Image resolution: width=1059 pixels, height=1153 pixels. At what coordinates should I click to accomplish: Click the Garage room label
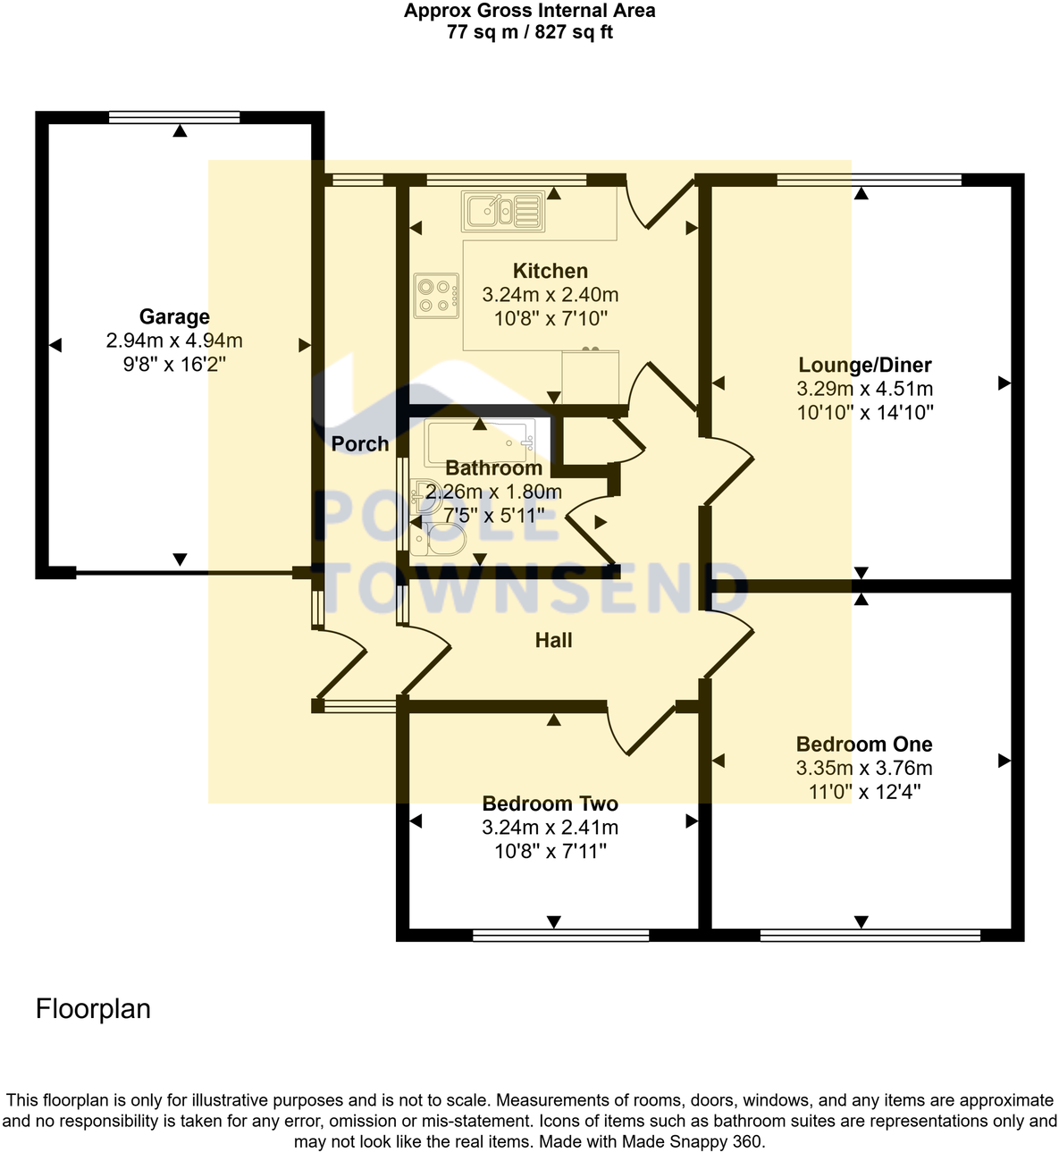pyautogui.click(x=174, y=316)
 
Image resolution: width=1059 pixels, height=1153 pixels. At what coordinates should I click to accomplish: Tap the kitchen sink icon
pyautogui.click(x=502, y=211)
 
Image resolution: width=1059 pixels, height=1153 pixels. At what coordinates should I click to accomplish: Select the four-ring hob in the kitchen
pyautogui.click(x=436, y=296)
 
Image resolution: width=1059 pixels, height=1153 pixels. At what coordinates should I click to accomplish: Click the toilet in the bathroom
pyautogui.click(x=446, y=540)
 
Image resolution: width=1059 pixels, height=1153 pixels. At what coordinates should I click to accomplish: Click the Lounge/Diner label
pyautogui.click(x=864, y=365)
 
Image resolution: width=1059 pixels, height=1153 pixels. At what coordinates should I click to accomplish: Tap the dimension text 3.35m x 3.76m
pyautogui.click(x=864, y=768)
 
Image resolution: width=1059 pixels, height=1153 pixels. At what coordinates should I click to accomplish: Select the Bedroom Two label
pyautogui.click(x=550, y=804)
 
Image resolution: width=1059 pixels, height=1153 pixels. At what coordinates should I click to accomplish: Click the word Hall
pyautogui.click(x=553, y=640)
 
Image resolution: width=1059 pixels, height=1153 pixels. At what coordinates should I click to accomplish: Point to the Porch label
pyautogui.click(x=360, y=443)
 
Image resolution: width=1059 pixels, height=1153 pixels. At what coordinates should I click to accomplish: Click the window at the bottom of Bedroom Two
pyautogui.click(x=560, y=936)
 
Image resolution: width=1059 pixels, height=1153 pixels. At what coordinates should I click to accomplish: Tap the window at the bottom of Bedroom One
pyautogui.click(x=870, y=936)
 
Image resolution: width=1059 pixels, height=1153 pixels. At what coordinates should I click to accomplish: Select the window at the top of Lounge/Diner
pyautogui.click(x=869, y=181)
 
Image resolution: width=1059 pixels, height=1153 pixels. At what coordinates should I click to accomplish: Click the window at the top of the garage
pyautogui.click(x=174, y=117)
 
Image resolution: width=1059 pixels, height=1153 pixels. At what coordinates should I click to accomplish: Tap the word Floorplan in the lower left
pyautogui.click(x=93, y=1008)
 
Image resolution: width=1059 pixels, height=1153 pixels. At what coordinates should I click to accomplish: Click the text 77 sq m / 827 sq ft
pyautogui.click(x=529, y=33)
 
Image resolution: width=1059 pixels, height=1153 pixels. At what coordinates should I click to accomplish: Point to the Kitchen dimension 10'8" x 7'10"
pyautogui.click(x=551, y=318)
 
